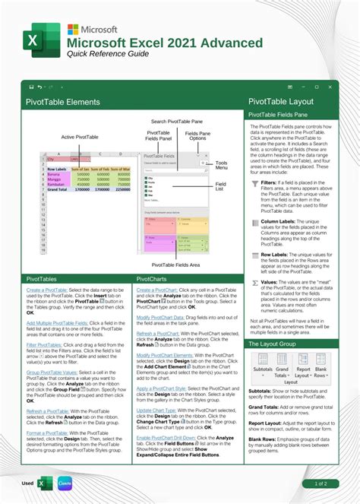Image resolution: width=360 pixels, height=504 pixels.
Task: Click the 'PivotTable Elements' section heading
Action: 63,101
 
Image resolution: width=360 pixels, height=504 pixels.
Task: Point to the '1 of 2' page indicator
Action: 321,483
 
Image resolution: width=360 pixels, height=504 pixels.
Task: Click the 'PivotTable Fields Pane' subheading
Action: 279,115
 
